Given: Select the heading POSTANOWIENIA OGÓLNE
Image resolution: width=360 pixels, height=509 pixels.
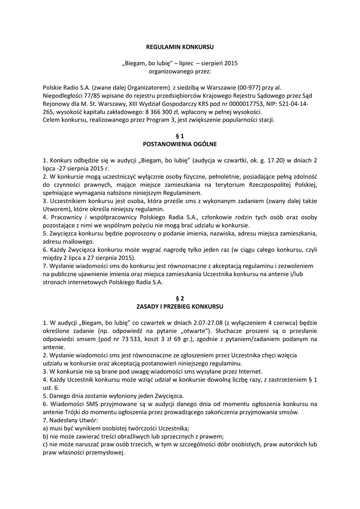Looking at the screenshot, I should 180,144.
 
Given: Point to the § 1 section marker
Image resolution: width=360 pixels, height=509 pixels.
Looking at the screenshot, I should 180,135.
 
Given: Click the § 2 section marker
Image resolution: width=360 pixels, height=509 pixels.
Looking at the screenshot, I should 180,298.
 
